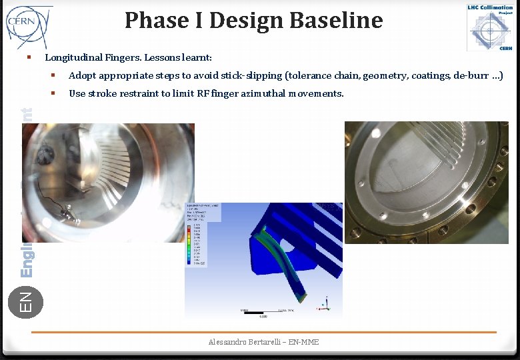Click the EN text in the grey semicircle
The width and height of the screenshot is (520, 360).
25,300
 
